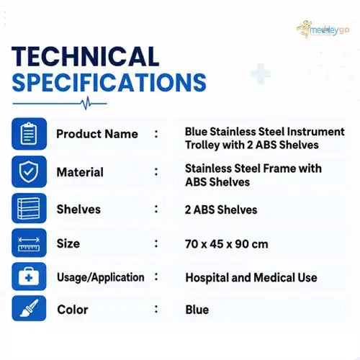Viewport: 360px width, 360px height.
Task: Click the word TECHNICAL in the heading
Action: coord(85,56)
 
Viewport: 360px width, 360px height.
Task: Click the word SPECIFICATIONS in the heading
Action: coord(109,82)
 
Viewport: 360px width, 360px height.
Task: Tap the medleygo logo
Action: coord(323,30)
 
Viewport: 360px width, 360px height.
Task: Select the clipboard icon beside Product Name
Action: coord(29,134)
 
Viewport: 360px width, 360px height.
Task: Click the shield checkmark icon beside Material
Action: coord(29,171)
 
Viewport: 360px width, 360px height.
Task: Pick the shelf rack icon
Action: coord(29,208)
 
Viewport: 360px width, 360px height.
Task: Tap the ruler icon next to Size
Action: coord(29,243)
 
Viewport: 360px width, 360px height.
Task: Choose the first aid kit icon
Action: coord(29,276)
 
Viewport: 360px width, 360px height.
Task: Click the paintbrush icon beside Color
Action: coord(29,308)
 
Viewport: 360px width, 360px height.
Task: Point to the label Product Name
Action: coord(97,134)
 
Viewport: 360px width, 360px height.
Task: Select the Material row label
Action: coord(80,172)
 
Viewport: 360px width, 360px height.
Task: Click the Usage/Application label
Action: coord(101,277)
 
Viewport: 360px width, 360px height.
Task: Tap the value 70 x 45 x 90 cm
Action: coord(227,244)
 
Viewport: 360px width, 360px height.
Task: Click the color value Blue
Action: coord(197,310)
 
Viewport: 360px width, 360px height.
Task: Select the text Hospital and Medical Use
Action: coord(251,278)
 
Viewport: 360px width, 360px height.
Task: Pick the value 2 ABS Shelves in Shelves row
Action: coord(221,210)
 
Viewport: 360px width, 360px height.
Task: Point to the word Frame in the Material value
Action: coord(279,168)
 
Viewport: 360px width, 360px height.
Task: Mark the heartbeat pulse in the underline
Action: coord(86,103)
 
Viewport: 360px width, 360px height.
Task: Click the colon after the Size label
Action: coord(156,243)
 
